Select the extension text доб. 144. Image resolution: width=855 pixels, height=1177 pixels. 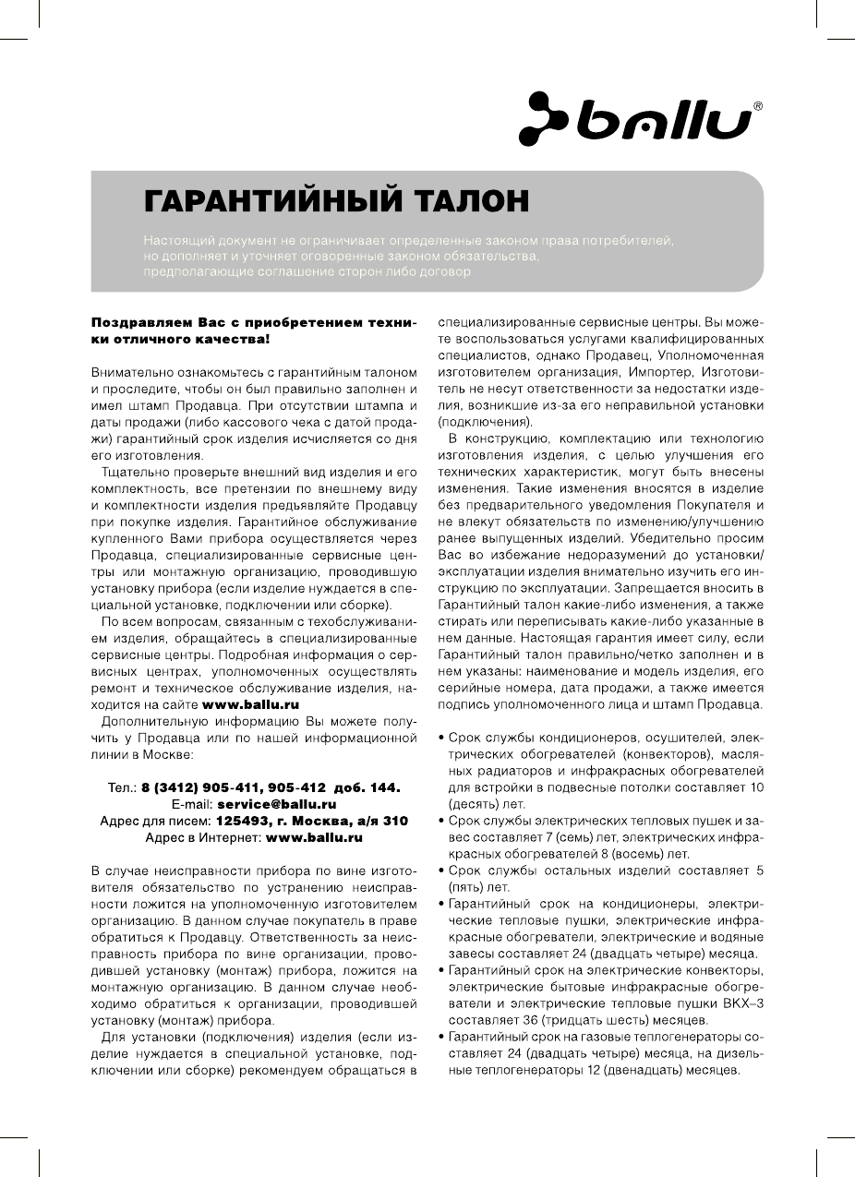coord(369,787)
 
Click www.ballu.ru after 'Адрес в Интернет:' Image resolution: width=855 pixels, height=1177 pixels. coord(313,837)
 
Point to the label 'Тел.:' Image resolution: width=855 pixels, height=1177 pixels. coord(122,787)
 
